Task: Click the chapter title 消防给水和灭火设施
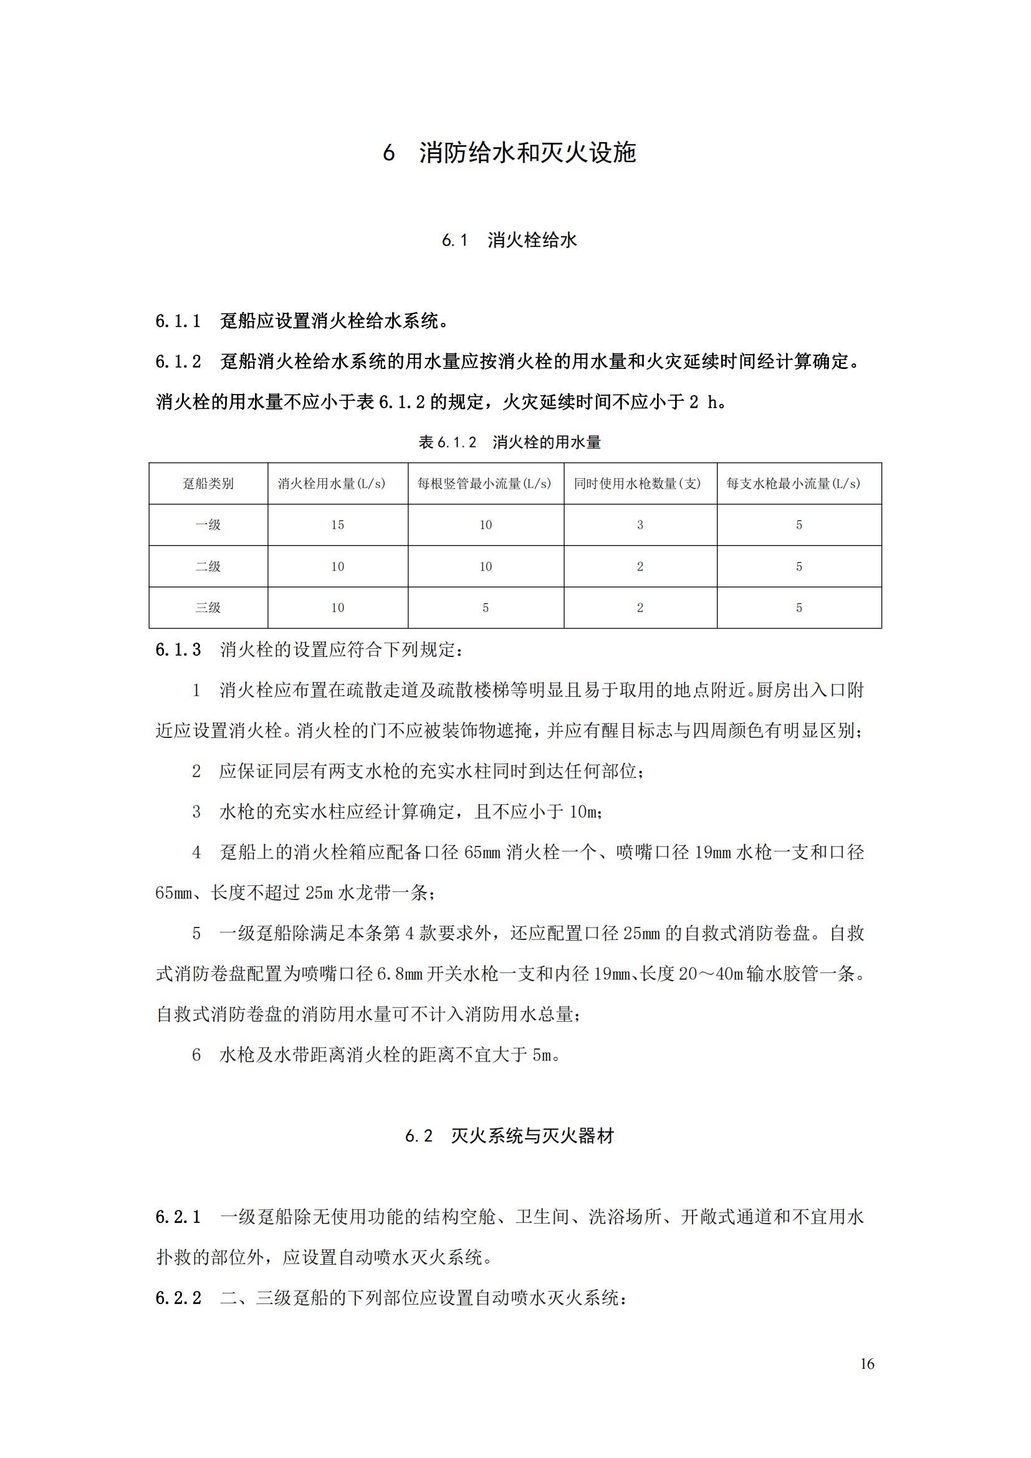[527, 153]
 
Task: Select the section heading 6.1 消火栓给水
[509, 240]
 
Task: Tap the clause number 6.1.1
[178, 321]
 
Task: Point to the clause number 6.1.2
[178, 362]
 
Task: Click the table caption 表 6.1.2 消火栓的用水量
[509, 442]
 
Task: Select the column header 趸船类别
[208, 484]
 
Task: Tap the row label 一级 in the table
[208, 525]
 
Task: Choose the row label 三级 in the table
[208, 608]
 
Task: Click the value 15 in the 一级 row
[337, 525]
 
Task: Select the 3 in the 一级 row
[640, 525]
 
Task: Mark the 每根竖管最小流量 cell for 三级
[486, 608]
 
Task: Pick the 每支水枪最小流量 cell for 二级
[798, 567]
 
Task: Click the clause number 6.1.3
[178, 650]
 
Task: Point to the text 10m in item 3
[583, 812]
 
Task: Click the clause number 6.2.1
[178, 1217]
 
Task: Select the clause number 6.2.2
[178, 1298]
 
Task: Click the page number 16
[867, 1363]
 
